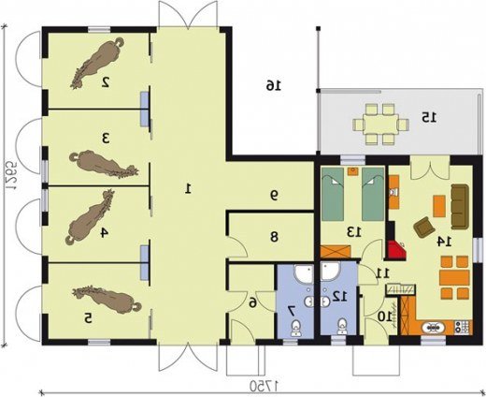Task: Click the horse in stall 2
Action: tap(97, 63)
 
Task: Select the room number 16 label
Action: tap(273, 85)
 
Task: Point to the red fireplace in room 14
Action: tap(396, 251)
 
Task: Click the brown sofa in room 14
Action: tap(460, 206)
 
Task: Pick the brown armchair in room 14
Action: tap(424, 227)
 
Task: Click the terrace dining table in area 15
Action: tap(380, 125)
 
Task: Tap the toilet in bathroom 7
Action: tap(295, 328)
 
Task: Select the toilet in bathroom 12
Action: tap(342, 327)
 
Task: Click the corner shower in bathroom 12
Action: tap(331, 271)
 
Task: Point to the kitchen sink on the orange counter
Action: tap(433, 328)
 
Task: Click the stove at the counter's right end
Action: tap(463, 327)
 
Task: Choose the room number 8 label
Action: tap(274, 238)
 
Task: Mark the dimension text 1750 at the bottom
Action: tap(264, 386)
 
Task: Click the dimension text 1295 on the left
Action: tap(12, 175)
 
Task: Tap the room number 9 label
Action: tap(274, 196)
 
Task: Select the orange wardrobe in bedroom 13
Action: tap(336, 252)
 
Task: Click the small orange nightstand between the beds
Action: tap(353, 171)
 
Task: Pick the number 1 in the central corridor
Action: tap(188, 189)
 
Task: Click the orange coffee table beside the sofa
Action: tap(439, 206)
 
